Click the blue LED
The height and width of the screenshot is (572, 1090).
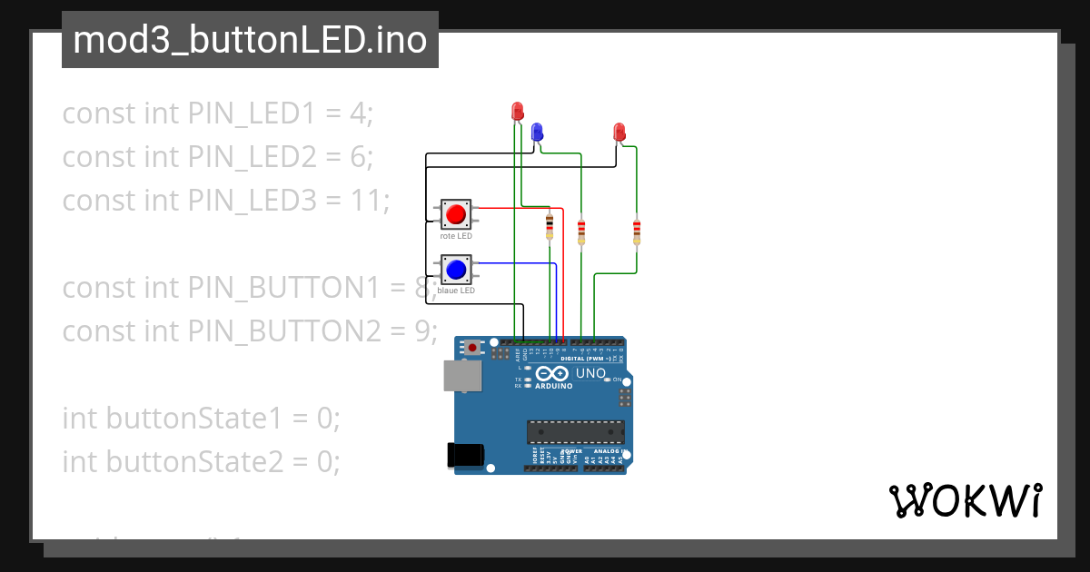tap(537, 132)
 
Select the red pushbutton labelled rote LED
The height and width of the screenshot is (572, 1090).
tap(455, 215)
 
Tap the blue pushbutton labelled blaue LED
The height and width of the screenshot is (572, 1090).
tap(455, 270)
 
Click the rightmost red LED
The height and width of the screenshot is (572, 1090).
tap(619, 132)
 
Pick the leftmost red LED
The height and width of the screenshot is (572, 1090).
tap(518, 112)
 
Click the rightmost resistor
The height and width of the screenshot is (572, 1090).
tap(636, 232)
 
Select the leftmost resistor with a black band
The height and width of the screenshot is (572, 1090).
tap(549, 227)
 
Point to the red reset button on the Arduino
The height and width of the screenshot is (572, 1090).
tap(472, 347)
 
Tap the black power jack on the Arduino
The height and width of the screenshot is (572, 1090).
tap(465, 454)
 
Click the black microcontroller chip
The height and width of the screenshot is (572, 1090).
tap(576, 433)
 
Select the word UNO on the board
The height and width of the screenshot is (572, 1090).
tap(591, 373)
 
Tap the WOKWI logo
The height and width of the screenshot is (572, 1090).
tap(965, 500)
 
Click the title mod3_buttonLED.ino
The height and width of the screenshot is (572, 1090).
tap(250, 40)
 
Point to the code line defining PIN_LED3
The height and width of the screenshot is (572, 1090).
tap(225, 200)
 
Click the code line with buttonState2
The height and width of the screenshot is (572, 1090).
tap(201, 461)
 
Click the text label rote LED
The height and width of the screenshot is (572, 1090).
tap(455, 236)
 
